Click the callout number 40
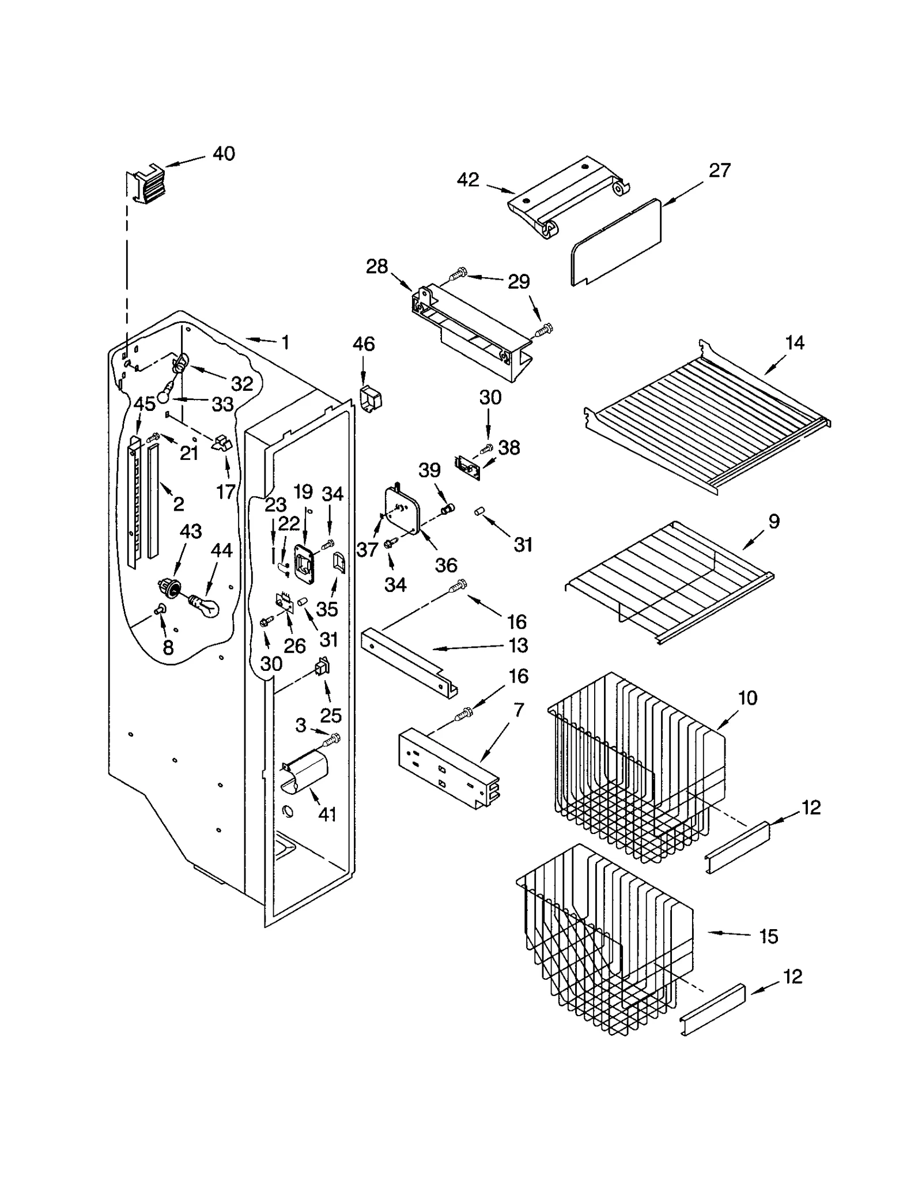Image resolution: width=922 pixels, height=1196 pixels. pyautogui.click(x=224, y=154)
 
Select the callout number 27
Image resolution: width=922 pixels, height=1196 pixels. pyautogui.click(x=719, y=171)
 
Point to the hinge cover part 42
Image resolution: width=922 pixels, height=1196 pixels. pyautogui.click(x=568, y=195)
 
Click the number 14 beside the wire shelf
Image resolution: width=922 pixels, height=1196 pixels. pyautogui.click(x=794, y=343)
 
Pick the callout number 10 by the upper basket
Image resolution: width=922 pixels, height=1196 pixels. pyautogui.click(x=747, y=698)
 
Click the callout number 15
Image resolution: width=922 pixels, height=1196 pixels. pyautogui.click(x=768, y=937)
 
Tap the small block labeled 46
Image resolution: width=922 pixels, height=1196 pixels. pyautogui.click(x=371, y=398)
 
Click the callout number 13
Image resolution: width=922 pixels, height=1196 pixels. pyautogui.click(x=519, y=646)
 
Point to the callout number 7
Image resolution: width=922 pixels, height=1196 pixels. pyautogui.click(x=519, y=711)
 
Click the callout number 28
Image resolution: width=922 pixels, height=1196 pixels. pyautogui.click(x=377, y=267)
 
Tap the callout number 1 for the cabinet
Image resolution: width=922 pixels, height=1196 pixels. pyautogui.click(x=285, y=342)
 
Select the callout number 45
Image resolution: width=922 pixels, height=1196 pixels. pyautogui.click(x=144, y=404)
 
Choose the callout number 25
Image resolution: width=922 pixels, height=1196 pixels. pyautogui.click(x=331, y=715)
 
